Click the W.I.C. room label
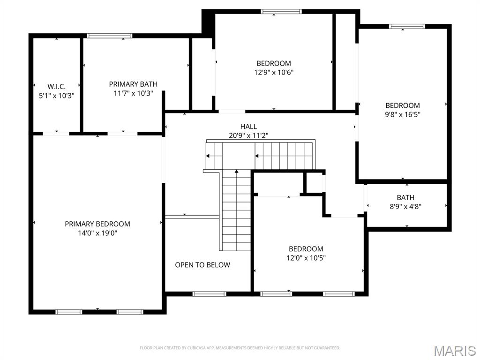pos(56,86)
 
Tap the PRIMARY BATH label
pos(133,84)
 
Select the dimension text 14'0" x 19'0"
pos(97,232)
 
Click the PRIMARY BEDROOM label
pos(97,224)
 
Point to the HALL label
pos(248,127)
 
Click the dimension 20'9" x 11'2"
pos(248,135)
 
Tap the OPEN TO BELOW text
pos(202,265)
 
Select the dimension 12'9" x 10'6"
pos(274,72)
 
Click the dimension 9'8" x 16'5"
pos(403,114)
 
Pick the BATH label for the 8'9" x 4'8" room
pos(405,197)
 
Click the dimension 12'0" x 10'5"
pos(306,258)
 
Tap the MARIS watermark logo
pos(455,351)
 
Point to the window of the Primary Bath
pos(110,36)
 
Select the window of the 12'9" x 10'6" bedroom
pos(281,12)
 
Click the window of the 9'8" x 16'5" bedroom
pos(407,27)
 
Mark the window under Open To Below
pos(209,294)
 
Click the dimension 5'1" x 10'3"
pos(56,95)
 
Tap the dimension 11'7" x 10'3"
pos(133,93)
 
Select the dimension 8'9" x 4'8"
pos(405,206)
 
